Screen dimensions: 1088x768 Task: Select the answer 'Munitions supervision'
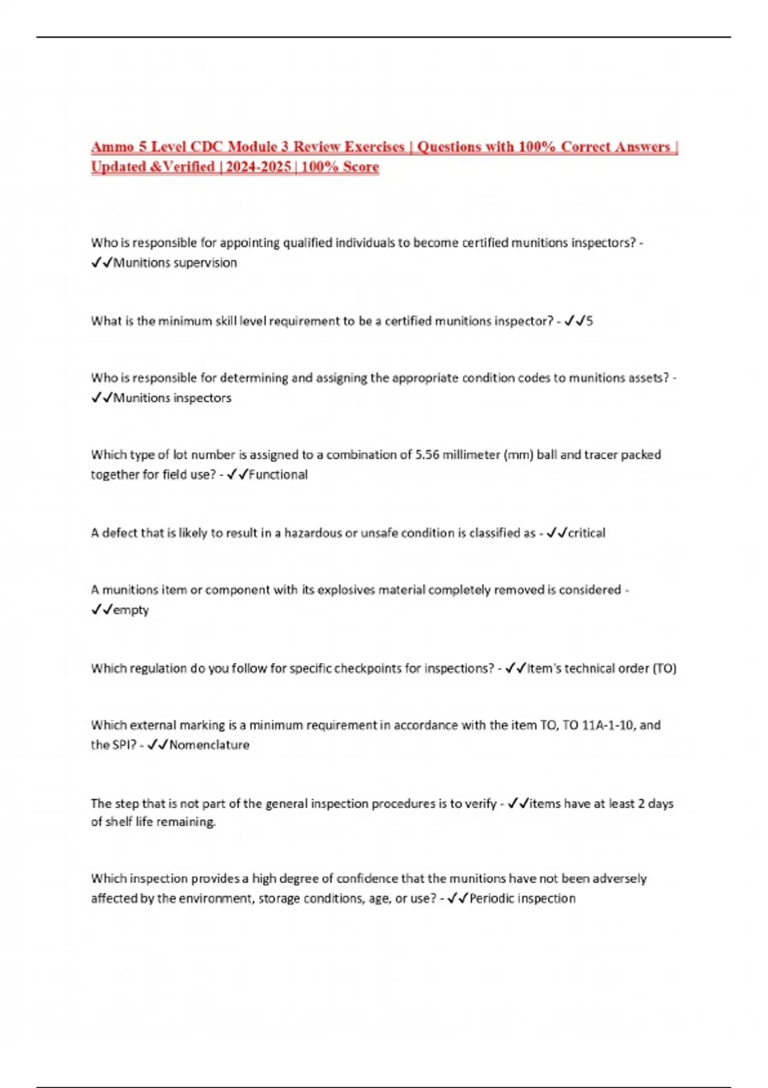point(175,263)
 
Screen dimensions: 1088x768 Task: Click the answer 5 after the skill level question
point(589,321)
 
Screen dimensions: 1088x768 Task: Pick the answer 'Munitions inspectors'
point(172,398)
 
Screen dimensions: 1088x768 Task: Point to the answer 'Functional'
point(278,475)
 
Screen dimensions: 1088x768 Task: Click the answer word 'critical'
point(586,533)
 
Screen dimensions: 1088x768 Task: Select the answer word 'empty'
point(131,611)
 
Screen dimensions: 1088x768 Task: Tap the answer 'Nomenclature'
point(209,745)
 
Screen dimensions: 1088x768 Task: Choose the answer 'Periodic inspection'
point(522,899)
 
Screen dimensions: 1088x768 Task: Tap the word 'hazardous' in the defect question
point(313,533)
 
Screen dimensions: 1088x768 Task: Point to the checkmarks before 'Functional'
point(237,475)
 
